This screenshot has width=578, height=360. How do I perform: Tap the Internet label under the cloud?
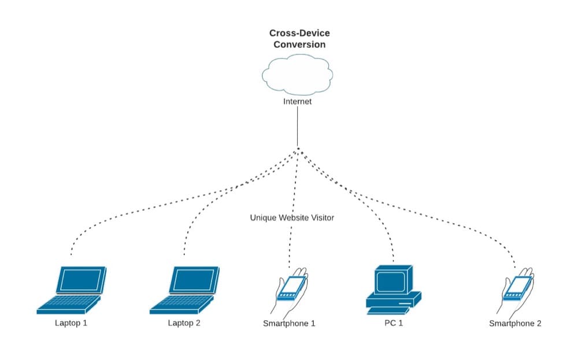click(297, 102)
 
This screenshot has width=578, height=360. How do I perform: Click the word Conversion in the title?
click(299, 44)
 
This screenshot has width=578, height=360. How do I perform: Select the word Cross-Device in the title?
click(299, 34)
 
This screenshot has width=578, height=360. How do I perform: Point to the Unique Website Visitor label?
click(292, 218)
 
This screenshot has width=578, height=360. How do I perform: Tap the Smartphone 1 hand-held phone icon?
click(291, 289)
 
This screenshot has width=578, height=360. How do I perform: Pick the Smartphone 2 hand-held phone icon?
click(517, 289)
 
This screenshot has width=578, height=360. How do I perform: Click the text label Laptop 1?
click(71, 323)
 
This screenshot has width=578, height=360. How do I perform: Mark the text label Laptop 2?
click(184, 323)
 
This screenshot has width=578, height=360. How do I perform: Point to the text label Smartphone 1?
click(289, 324)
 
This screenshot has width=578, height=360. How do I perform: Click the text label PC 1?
click(394, 323)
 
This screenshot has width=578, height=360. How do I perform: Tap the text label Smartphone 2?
click(515, 324)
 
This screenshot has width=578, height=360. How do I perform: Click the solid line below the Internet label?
click(297, 127)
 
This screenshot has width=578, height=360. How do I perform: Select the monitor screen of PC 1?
click(391, 281)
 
